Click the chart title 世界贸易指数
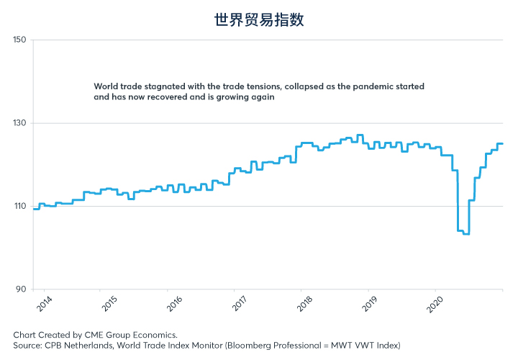click(259, 19)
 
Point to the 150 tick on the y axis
click(19, 40)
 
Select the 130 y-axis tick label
click(19, 123)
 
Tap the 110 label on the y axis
click(19, 207)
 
